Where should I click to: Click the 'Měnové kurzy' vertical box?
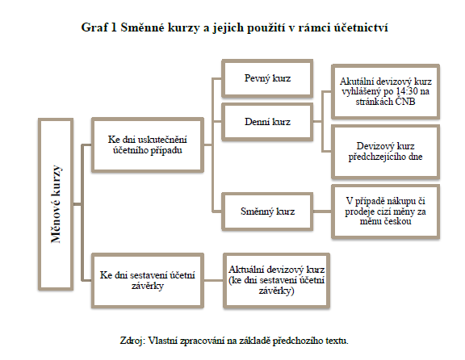click(56, 204)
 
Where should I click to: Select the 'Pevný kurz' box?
click(267, 78)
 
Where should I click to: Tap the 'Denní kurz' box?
click(267, 122)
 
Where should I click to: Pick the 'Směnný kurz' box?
click(267, 211)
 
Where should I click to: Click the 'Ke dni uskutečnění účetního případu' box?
click(148, 145)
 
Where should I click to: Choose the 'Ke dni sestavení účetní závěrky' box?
click(148, 281)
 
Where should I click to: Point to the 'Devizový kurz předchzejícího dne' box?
click(385, 152)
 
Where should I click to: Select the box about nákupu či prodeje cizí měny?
click(385, 211)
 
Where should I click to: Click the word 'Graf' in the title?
click(94, 27)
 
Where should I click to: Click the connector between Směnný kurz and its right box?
click(322, 211)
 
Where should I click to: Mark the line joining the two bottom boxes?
click(213, 280)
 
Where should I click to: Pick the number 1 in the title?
click(113, 27)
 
